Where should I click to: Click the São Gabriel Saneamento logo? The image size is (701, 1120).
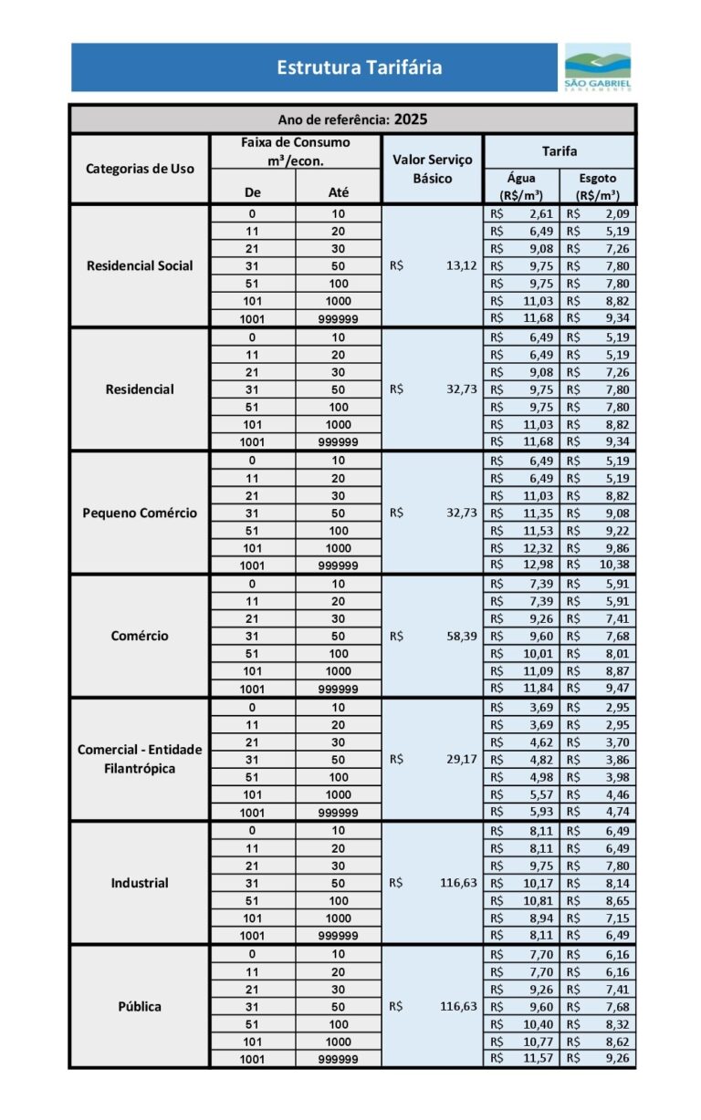pyautogui.click(x=597, y=67)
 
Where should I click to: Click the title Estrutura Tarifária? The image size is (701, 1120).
pyautogui.click(x=360, y=67)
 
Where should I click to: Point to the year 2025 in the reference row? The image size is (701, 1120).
pyautogui.click(x=411, y=119)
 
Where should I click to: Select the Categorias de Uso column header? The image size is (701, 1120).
pyautogui.click(x=140, y=169)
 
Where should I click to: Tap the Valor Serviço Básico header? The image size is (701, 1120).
pyautogui.click(x=432, y=169)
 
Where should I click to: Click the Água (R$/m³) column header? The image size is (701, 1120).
pyautogui.click(x=521, y=186)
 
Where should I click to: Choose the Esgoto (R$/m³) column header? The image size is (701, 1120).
pyautogui.click(x=598, y=186)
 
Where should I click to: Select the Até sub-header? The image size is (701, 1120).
pyautogui.click(x=338, y=192)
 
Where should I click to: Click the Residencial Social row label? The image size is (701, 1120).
pyautogui.click(x=140, y=266)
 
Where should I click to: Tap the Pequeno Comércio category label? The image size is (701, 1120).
pyautogui.click(x=140, y=513)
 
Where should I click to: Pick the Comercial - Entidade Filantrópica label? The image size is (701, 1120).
pyautogui.click(x=140, y=759)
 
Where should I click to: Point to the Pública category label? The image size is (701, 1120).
pyautogui.click(x=140, y=1007)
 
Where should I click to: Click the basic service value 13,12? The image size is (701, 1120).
pyautogui.click(x=462, y=266)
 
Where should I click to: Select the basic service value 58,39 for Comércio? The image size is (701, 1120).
pyautogui.click(x=462, y=636)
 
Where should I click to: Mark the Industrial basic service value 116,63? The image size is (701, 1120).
pyautogui.click(x=458, y=883)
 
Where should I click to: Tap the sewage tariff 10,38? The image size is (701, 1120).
pyautogui.click(x=613, y=565)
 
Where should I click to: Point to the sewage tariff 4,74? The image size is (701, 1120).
pyautogui.click(x=615, y=812)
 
